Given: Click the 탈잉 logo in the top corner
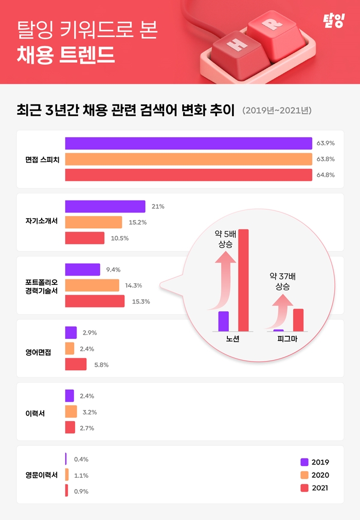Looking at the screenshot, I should [332, 21].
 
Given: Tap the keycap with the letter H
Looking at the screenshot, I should [236, 45].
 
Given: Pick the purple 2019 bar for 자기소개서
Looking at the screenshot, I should [105, 206].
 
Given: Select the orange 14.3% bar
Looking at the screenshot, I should [92, 285].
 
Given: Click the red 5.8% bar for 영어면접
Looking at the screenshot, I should [76, 364].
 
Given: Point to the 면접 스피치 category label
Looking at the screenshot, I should [42, 159].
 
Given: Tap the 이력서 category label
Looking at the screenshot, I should [34, 413].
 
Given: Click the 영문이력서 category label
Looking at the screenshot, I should [42, 475].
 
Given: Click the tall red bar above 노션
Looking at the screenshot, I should [243, 280].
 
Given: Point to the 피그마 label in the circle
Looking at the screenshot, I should [287, 339].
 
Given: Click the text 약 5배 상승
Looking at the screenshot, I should [225, 240].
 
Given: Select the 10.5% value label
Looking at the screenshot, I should [120, 238].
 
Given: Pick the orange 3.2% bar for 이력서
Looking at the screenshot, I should [71, 411].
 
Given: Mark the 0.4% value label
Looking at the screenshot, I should [81, 459].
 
